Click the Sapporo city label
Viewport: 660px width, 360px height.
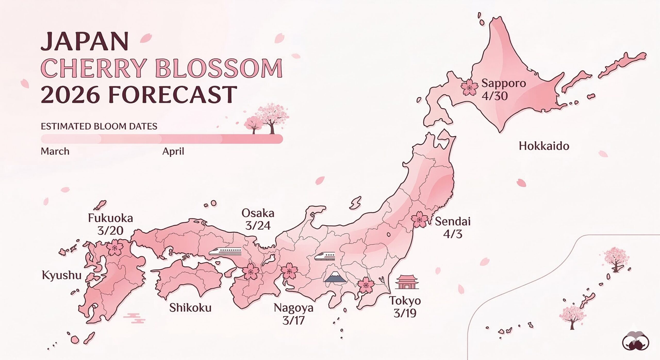504,83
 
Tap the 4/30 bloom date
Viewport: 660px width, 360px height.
495,96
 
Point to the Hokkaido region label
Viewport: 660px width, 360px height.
544,146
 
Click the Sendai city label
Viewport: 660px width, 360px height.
453,222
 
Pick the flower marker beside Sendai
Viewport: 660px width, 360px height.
419,219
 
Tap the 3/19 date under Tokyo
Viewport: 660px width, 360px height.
405,313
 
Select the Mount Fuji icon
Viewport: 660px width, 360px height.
335,276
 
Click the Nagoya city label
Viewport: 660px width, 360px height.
293,308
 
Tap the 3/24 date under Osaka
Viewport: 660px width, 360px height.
258,226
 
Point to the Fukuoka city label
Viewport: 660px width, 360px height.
110,218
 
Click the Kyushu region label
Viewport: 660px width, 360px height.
62,275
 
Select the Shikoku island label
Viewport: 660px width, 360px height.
190,308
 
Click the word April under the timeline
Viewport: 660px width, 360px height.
173,151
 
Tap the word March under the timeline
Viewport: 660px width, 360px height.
55,151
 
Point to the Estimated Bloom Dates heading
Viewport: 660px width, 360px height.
99,126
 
